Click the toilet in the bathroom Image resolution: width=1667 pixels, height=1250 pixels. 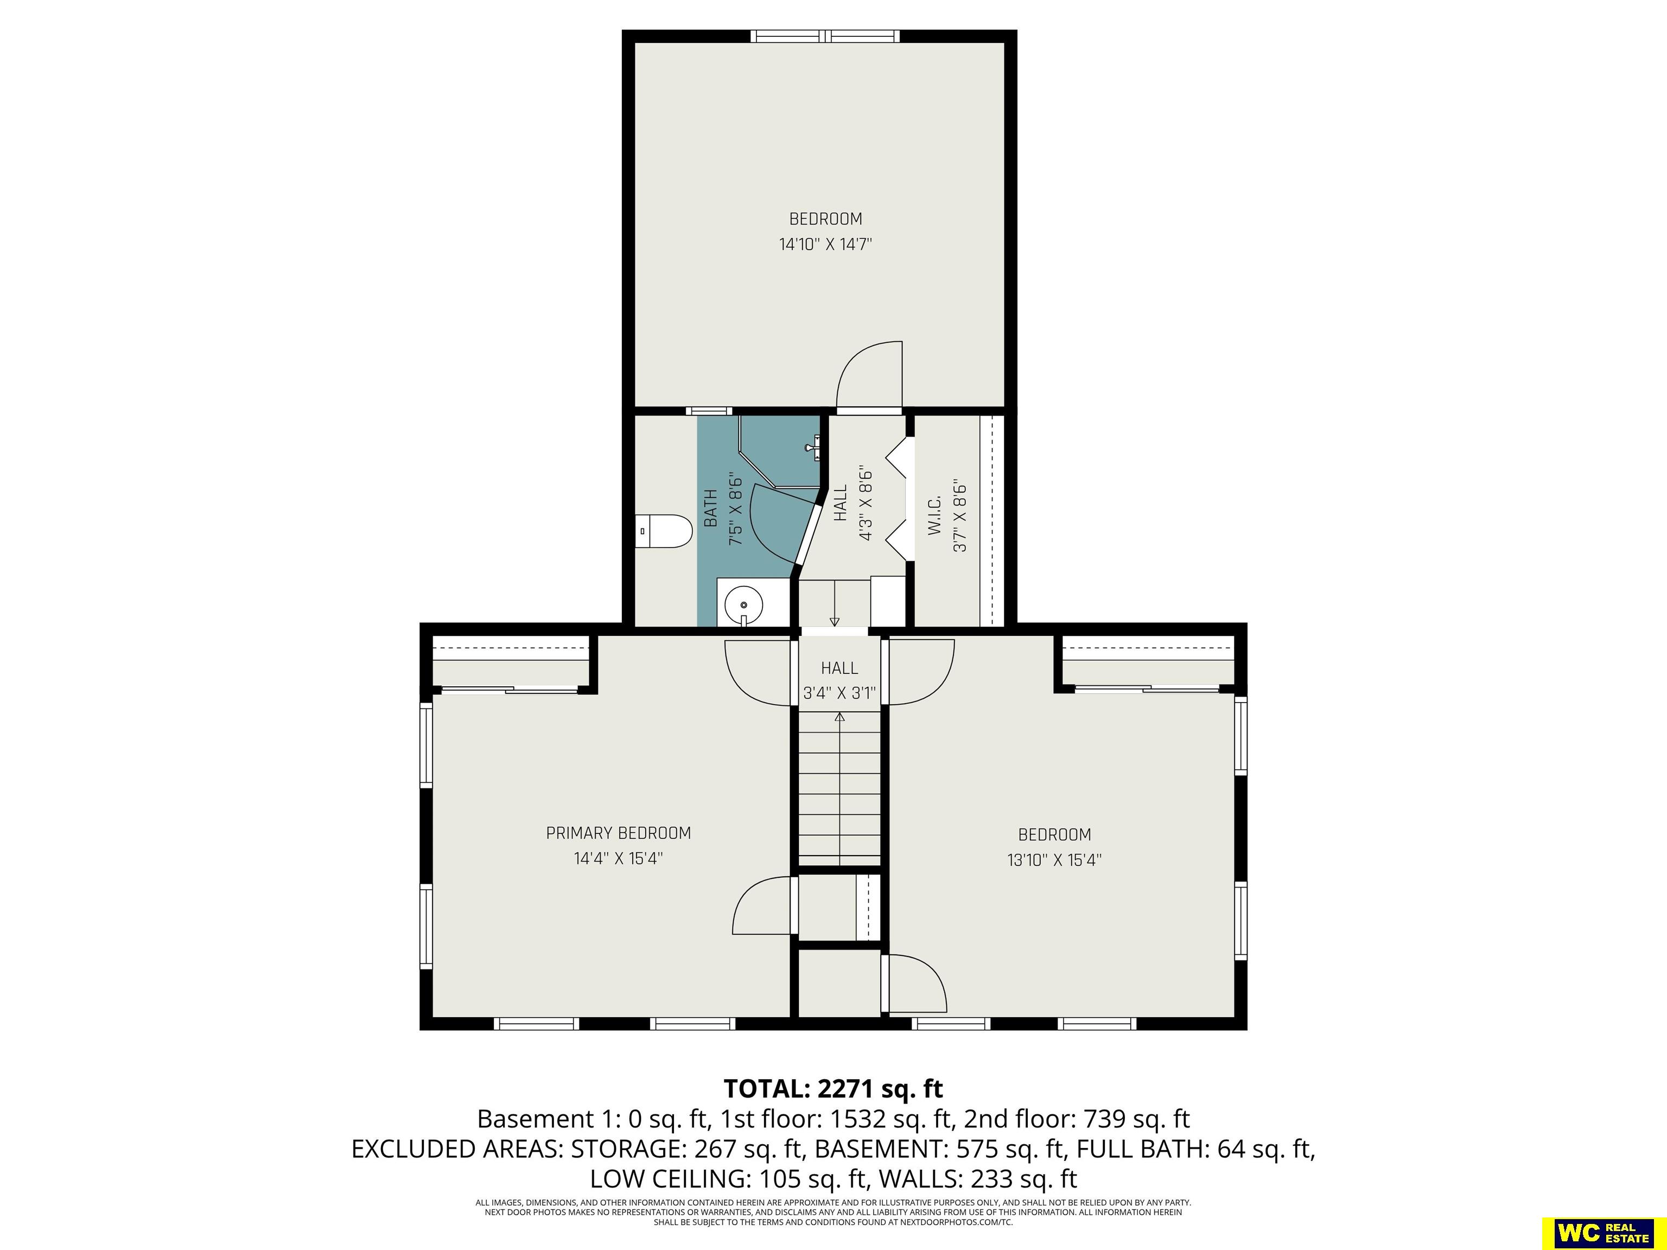[x=663, y=531]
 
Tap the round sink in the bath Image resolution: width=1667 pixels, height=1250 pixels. [x=744, y=604]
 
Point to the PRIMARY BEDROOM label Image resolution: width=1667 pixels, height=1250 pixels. [x=618, y=833]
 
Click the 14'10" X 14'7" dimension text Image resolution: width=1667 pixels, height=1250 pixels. [x=825, y=244]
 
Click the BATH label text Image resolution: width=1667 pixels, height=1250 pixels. [x=710, y=508]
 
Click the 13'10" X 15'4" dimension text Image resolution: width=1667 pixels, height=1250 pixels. [x=1054, y=860]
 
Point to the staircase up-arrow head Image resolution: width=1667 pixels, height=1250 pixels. [x=839, y=717]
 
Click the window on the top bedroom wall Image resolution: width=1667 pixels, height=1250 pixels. [x=825, y=36]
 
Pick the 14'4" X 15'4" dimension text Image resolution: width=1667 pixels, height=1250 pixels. [x=618, y=858]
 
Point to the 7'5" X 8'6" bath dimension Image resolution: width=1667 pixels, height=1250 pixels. [x=735, y=508]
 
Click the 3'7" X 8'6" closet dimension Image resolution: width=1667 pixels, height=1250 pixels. [x=959, y=515]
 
